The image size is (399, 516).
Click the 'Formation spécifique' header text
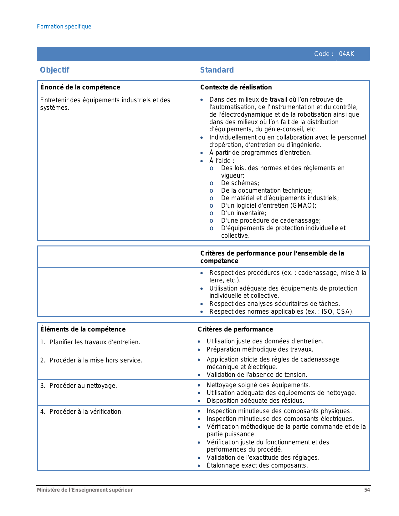pyautogui.click(x=64, y=27)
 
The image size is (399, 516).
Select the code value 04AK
pyautogui.click(x=346, y=54)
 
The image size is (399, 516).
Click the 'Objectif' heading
pyautogui.click(x=54, y=70)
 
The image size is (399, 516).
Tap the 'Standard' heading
pyautogui.click(x=217, y=70)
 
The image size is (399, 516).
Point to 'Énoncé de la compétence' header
pyautogui.click(x=80, y=87)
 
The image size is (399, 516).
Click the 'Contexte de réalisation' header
pyautogui.click(x=236, y=87)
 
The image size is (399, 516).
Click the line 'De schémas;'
pyautogui.click(x=240, y=183)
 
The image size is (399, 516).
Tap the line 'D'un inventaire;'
pyautogui.click(x=243, y=213)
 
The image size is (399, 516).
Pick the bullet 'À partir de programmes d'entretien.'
pyautogui.click(x=260, y=153)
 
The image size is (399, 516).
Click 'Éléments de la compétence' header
pyautogui.click(x=83, y=329)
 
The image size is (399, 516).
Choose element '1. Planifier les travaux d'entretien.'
pyautogui.click(x=90, y=342)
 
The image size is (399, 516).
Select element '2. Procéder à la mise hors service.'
pyautogui.click(x=91, y=360)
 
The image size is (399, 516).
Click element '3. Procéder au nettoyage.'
pyautogui.click(x=79, y=386)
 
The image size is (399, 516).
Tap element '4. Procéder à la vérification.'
pyautogui.click(x=82, y=412)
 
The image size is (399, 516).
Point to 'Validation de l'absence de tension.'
pyautogui.click(x=257, y=375)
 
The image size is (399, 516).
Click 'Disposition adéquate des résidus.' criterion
pyautogui.click(x=255, y=401)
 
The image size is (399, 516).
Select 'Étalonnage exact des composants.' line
pyautogui.click(x=257, y=465)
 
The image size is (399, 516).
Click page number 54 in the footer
pyautogui.click(x=367, y=490)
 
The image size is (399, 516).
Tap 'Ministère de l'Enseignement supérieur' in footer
pyautogui.click(x=85, y=490)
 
